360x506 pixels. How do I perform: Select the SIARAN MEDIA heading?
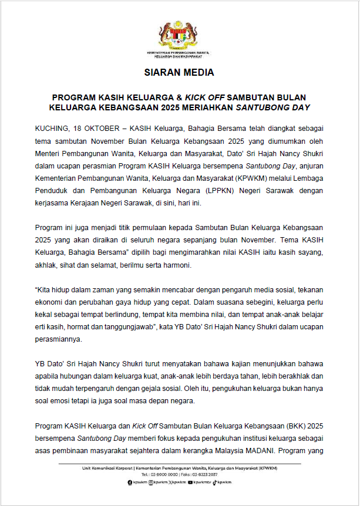tap(180, 73)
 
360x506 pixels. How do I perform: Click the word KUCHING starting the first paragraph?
tap(52, 127)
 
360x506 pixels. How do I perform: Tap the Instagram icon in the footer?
tap(151, 482)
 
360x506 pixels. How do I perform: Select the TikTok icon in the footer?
tap(216, 482)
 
